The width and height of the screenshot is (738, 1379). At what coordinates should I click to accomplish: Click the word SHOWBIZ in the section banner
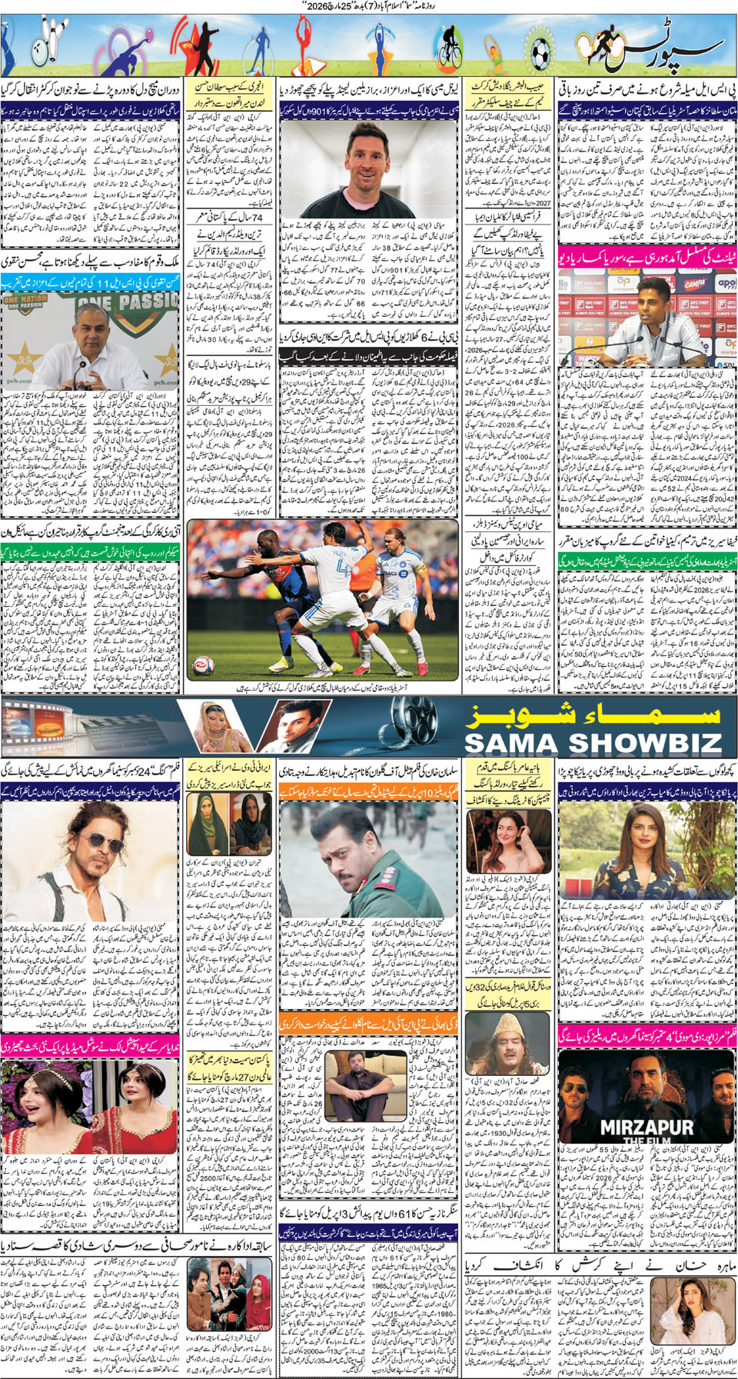[x=643, y=742]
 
